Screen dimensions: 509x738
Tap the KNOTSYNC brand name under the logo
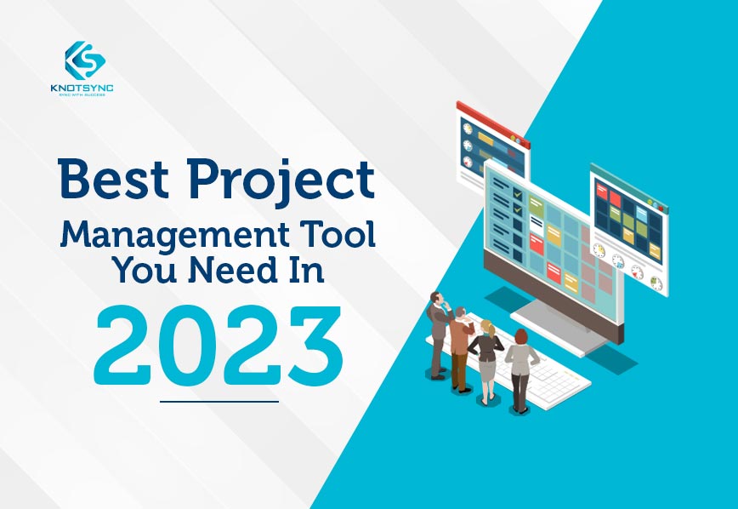pyautogui.click(x=84, y=87)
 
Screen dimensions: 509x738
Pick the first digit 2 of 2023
pyautogui.click(x=125, y=346)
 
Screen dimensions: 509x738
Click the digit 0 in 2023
pyautogui.click(x=189, y=346)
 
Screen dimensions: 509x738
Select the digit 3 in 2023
pyautogui.click(x=313, y=346)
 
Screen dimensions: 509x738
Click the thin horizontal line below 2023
pyautogui.click(x=219, y=401)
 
